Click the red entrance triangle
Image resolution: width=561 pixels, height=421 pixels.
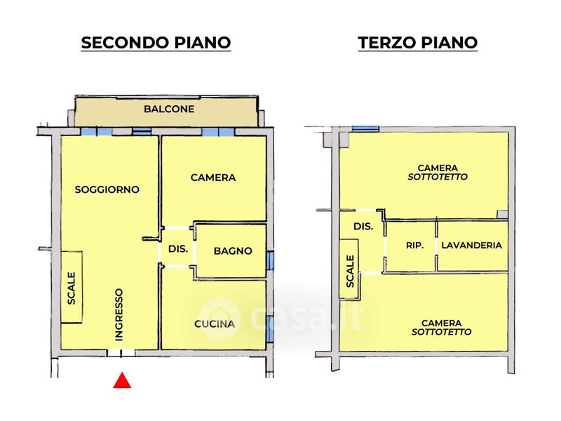122,380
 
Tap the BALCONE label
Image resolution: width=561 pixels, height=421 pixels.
169,109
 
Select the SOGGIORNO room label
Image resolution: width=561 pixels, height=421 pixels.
107,189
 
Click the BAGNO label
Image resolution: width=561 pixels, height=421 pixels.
233,250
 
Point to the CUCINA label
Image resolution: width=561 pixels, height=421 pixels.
215,323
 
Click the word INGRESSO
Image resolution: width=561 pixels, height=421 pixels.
119,314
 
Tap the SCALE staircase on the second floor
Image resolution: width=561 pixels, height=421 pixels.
72,288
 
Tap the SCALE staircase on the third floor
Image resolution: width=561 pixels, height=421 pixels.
349,269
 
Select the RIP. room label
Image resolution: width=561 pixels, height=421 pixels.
414,246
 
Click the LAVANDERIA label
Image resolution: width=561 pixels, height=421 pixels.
471,245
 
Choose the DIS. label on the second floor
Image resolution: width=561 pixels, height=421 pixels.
178,248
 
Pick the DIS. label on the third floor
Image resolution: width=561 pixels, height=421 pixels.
363,226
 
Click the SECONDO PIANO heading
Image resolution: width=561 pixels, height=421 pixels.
156,43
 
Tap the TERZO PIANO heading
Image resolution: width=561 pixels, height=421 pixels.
418,43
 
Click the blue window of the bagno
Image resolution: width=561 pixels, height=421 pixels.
271,260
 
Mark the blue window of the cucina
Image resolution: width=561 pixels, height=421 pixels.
271,328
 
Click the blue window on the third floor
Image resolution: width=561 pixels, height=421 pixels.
365,129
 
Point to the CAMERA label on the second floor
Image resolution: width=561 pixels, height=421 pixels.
213,178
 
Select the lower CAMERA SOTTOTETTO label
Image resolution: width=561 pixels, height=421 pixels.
442,328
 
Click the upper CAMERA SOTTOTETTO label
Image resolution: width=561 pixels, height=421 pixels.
438,172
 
